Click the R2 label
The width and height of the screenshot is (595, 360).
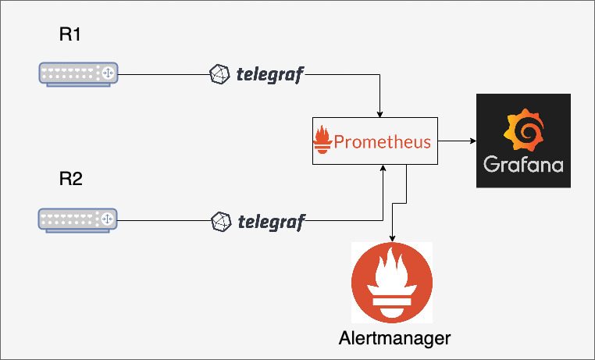[70, 179]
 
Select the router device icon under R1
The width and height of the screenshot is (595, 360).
[77, 73]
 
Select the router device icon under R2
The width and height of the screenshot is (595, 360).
[77, 219]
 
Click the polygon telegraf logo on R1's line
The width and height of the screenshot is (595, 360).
[220, 75]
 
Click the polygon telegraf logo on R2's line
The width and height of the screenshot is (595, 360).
[222, 221]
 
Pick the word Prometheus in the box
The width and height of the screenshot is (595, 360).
[382, 142]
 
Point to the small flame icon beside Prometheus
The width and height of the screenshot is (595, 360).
[322, 141]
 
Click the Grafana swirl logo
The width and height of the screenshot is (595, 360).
[523, 130]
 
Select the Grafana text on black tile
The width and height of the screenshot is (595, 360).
[523, 166]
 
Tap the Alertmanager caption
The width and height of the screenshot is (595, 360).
[395, 338]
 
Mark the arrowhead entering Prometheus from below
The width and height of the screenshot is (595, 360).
[382, 169]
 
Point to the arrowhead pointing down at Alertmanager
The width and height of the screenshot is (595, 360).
[391, 237]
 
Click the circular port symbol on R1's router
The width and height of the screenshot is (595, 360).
[108, 73]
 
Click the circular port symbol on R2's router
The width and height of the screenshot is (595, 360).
[108, 219]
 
